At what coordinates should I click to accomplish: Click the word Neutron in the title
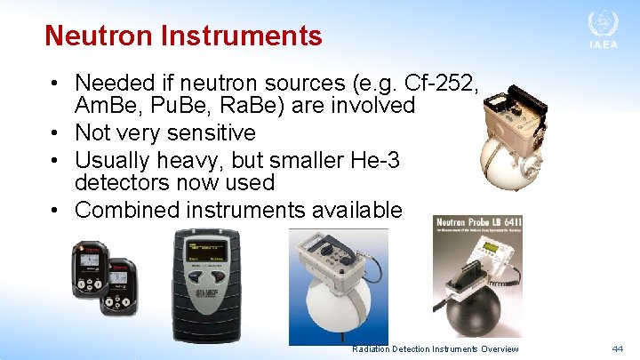click(98, 36)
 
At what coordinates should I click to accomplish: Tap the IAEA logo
click(602, 30)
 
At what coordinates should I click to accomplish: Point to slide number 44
click(617, 349)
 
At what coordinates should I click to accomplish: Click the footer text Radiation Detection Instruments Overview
click(435, 349)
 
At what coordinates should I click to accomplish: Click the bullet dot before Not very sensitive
click(55, 133)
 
